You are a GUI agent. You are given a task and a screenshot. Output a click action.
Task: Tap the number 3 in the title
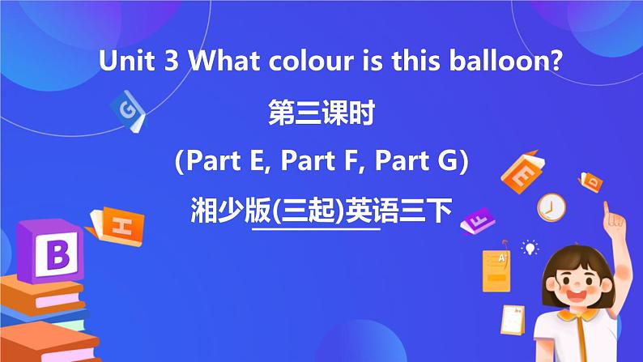coord(171,62)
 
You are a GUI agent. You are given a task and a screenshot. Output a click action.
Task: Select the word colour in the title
coord(311,61)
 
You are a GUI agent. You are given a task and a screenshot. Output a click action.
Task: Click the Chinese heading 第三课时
coord(321,113)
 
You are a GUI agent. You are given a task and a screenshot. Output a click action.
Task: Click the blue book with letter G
coord(128,111)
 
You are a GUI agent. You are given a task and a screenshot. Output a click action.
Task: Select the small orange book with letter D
coord(590,182)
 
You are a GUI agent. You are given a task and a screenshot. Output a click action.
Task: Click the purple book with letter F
coord(478,220)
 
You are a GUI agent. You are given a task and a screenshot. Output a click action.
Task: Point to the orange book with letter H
coord(116,226)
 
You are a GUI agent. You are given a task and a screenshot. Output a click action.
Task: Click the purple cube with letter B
coord(50,251)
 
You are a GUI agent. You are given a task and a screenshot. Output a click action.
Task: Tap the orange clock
coord(551,208)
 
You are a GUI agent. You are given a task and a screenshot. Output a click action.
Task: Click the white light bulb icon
coord(530,248)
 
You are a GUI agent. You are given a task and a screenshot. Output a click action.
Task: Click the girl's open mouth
coord(576,296)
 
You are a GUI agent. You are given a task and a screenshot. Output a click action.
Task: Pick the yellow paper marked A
coord(496,271)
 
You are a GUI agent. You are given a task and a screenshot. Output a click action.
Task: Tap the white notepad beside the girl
coord(513,320)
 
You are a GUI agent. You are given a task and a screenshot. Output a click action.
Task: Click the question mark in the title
coord(556,61)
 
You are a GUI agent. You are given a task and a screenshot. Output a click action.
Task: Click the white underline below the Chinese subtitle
coord(316,229)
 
